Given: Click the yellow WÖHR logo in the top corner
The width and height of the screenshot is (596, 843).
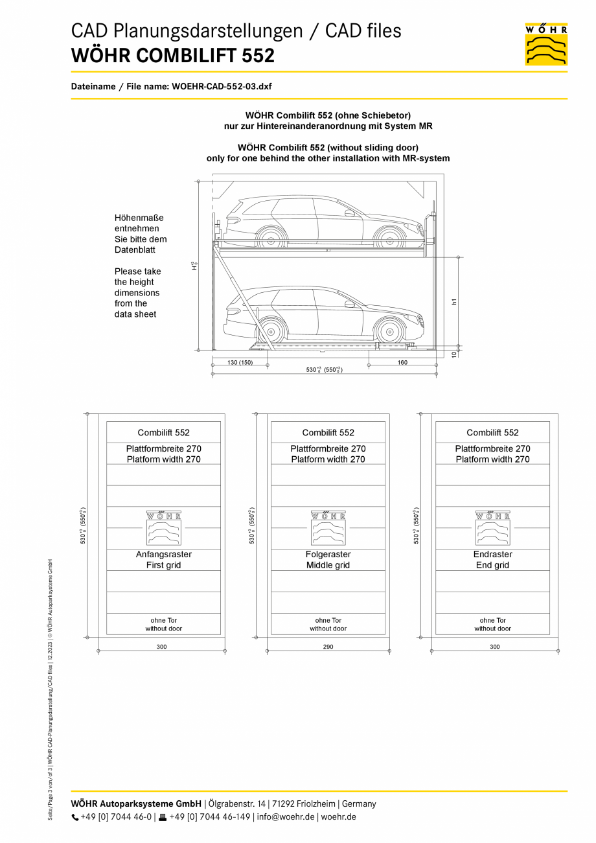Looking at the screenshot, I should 546,44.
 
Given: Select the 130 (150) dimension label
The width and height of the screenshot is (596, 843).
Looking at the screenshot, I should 240,363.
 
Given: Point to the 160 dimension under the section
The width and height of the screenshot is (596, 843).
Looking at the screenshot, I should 402,363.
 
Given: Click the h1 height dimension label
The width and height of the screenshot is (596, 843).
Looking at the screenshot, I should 454,301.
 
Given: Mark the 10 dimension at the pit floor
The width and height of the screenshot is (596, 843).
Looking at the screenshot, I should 454,353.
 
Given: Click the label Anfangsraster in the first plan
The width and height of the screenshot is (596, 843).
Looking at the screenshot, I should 164,555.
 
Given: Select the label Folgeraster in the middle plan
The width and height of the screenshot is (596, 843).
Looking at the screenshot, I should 328,555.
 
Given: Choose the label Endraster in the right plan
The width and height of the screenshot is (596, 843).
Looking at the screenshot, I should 493,555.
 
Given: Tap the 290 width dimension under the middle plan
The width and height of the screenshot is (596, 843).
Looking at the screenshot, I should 328,647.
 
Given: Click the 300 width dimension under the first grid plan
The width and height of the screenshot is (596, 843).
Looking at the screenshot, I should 161,647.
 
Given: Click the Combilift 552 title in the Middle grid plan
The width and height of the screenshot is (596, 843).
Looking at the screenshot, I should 328,433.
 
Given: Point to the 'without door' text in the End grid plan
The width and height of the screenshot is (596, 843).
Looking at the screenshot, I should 493,629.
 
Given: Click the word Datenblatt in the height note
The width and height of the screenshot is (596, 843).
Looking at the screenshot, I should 135,249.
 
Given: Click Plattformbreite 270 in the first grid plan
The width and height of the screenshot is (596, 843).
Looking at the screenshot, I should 164,448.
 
